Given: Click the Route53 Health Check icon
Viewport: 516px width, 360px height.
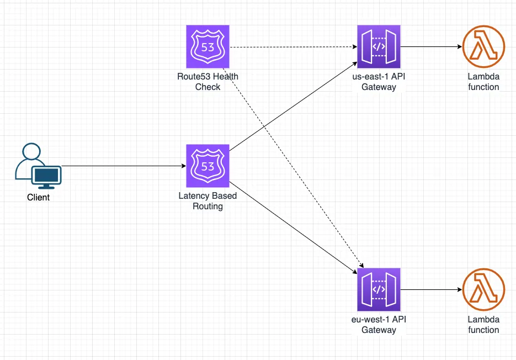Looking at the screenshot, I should (208, 47).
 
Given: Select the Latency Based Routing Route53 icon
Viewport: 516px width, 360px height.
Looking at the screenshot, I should (208, 166).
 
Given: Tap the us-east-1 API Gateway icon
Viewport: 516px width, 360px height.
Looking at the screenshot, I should (379, 47).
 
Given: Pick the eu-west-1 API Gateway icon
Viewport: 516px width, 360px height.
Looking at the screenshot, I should (379, 289).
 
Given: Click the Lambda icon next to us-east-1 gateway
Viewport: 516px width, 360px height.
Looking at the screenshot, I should (483, 47).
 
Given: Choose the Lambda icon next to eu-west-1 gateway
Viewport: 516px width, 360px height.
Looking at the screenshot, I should (483, 289).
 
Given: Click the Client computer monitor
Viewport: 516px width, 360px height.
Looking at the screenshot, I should (46, 176).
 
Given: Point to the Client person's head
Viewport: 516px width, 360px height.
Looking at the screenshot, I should (31, 152).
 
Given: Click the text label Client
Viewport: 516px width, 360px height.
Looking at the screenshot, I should (38, 197).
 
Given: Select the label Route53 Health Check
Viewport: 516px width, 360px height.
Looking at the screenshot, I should (208, 82).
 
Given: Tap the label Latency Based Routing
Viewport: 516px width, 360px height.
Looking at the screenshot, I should (208, 201).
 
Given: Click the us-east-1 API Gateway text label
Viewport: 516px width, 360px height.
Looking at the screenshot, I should (379, 82).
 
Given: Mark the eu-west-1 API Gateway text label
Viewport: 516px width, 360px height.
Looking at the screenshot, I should (379, 325).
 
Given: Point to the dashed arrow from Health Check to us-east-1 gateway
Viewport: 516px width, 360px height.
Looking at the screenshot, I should (292, 47).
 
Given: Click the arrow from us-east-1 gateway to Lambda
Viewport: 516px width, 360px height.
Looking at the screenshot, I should (430, 47).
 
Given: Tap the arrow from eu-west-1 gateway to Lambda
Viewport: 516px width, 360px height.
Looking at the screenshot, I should (430, 289).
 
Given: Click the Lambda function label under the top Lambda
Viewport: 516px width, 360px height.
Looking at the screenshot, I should (483, 82).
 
